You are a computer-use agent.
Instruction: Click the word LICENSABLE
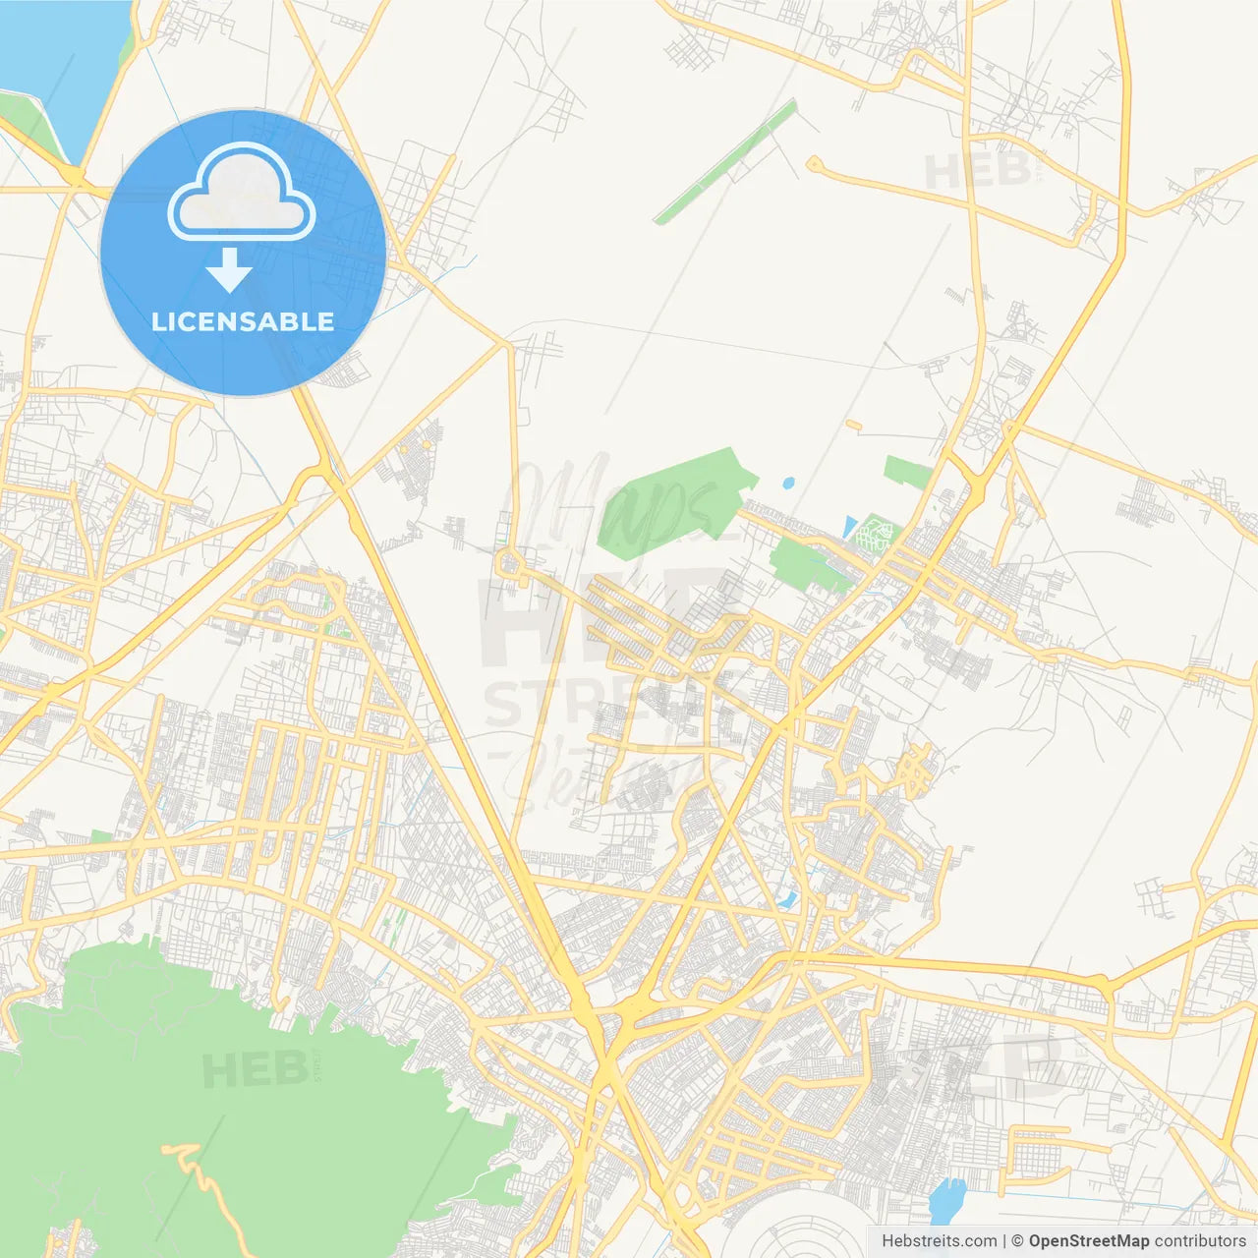click(243, 321)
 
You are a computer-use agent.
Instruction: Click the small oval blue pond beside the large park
click(788, 484)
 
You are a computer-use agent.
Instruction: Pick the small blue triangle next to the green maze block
click(849, 528)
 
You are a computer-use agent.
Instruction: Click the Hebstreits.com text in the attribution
click(939, 1241)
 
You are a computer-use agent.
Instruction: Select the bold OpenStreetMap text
click(1088, 1241)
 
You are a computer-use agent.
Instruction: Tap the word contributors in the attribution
click(1200, 1241)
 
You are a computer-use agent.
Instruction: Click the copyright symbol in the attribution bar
click(1018, 1241)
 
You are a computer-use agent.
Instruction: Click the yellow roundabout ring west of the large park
click(510, 563)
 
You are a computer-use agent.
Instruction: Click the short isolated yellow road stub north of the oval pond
click(853, 426)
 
